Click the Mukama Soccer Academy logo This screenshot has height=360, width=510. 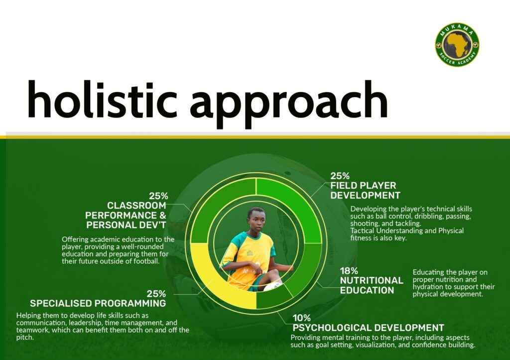(x=457, y=44)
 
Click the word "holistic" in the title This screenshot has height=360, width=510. (x=102, y=99)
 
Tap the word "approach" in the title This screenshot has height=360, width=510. (x=288, y=104)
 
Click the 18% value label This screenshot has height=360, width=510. (x=349, y=271)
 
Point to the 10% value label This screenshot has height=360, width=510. (x=301, y=318)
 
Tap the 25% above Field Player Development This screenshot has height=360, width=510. (x=340, y=176)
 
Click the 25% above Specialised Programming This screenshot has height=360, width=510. (x=156, y=294)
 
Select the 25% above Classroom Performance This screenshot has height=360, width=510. (x=158, y=196)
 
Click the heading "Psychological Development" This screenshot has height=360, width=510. (x=368, y=328)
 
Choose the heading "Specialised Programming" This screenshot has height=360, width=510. (x=98, y=303)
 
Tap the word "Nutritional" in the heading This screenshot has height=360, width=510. (x=372, y=280)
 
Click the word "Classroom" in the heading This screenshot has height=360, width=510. (x=136, y=206)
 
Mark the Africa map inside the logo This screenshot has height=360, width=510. (x=457, y=44)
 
